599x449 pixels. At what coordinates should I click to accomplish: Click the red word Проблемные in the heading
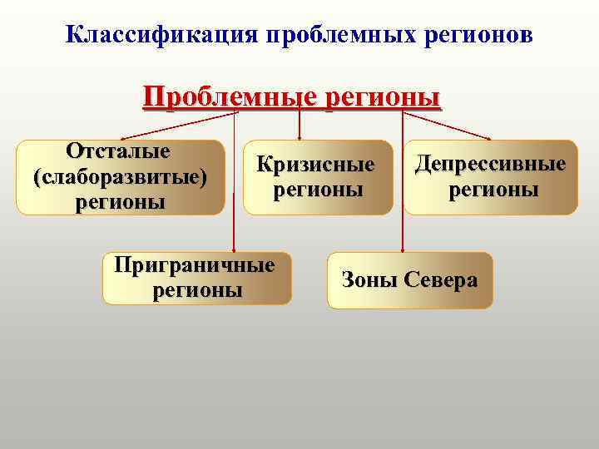[226, 96]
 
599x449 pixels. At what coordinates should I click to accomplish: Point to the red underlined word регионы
[382, 96]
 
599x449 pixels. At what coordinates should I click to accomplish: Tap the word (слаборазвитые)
[120, 177]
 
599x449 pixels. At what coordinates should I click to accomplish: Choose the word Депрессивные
[491, 164]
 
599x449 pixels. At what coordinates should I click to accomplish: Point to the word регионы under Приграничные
[198, 290]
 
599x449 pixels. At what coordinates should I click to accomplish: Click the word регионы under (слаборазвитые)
[120, 202]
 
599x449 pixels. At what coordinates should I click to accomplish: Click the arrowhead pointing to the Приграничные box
[235, 249]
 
